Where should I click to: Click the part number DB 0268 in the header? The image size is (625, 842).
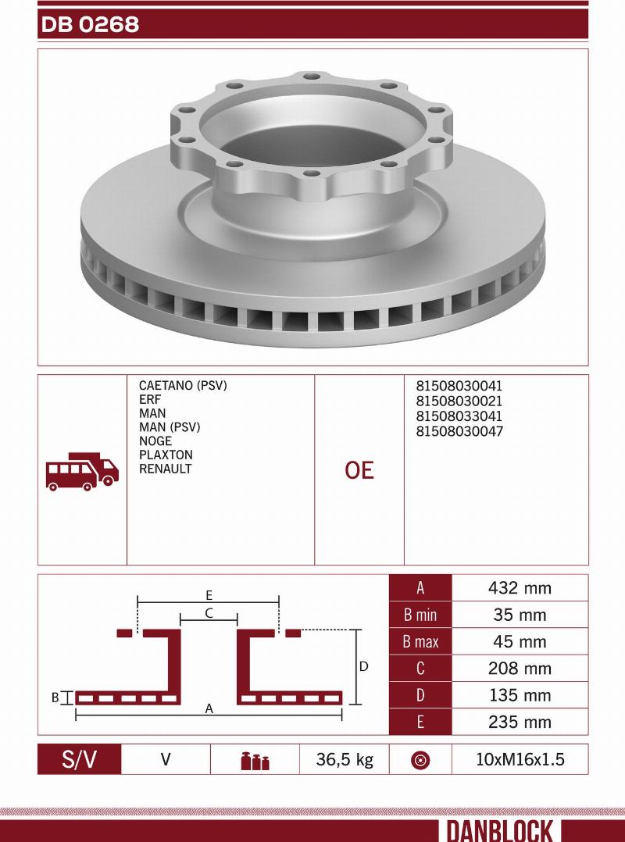[90, 25]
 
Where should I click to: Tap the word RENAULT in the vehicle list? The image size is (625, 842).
[165, 469]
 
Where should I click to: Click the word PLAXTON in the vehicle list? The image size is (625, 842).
[166, 455]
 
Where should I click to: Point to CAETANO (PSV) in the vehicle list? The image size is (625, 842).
[182, 386]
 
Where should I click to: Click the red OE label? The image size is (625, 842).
[359, 470]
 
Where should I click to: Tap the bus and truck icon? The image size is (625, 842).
[82, 471]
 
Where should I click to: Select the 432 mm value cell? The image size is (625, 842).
[520, 588]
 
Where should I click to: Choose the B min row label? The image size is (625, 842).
[420, 615]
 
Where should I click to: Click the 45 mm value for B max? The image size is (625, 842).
[520, 642]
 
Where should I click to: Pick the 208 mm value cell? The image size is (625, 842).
[520, 669]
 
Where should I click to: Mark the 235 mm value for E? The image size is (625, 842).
[520, 722]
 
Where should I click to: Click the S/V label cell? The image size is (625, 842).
[80, 759]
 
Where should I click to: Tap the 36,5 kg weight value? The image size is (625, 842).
[344, 759]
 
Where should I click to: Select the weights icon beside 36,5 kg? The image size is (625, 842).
[255, 761]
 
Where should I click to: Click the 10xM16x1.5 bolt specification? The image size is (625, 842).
[520, 759]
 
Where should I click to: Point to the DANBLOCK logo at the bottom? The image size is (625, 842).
[500, 830]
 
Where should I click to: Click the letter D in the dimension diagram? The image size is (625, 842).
[363, 667]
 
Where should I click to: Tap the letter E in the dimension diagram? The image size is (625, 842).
[209, 594]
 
